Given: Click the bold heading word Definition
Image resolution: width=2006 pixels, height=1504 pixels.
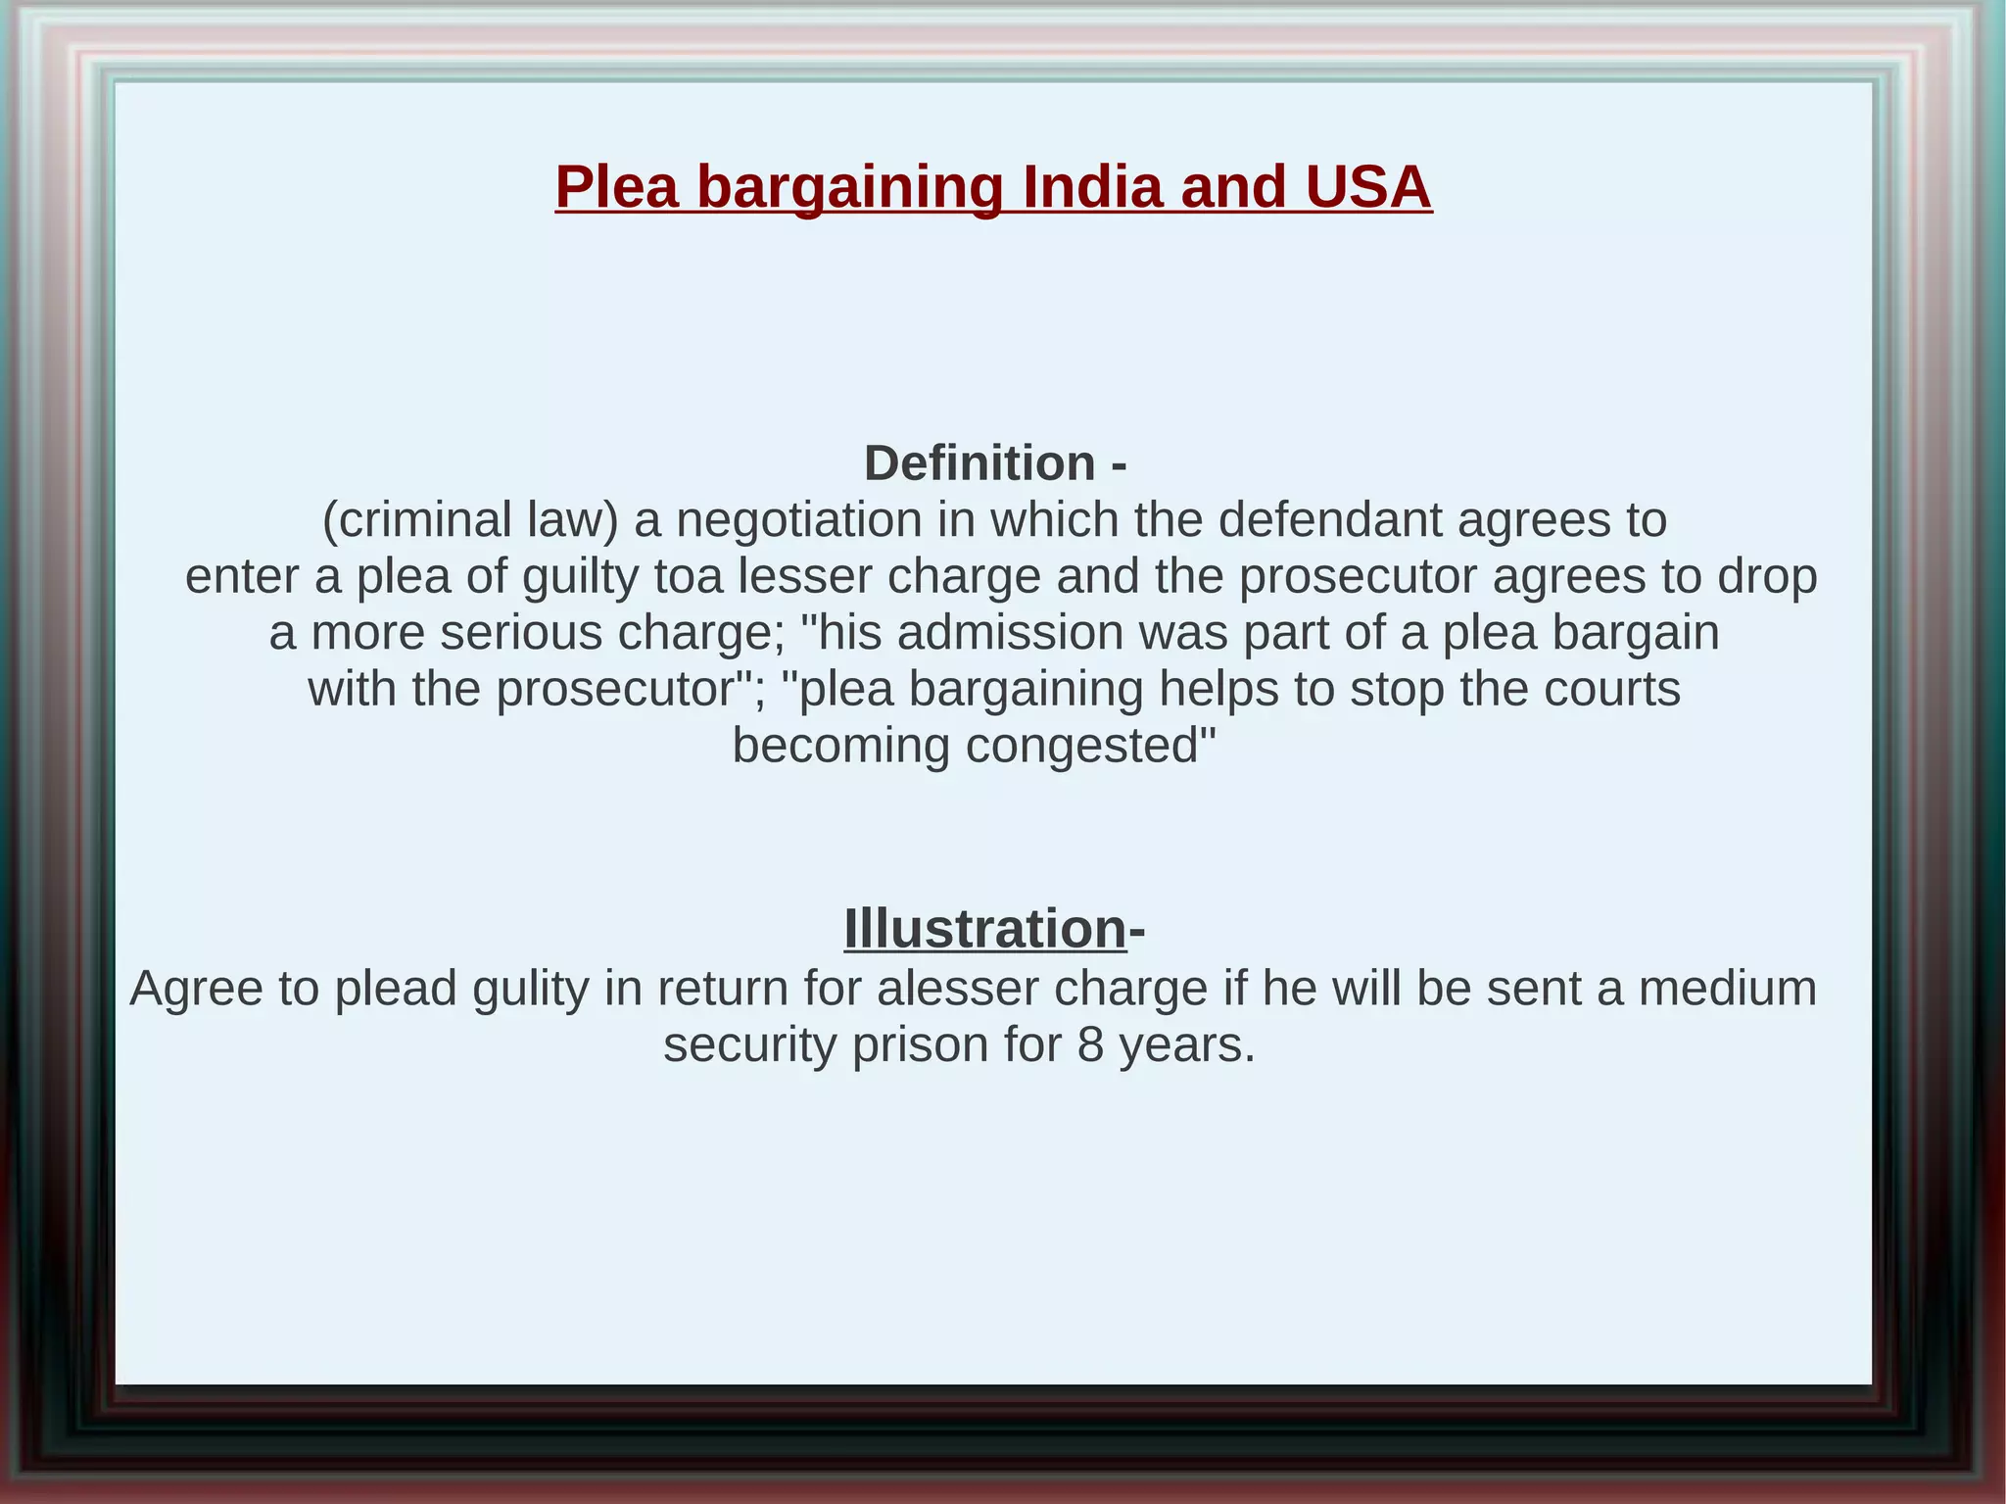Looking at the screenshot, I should pyautogui.click(x=979, y=462).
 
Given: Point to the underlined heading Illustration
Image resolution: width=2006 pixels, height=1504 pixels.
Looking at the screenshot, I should pyautogui.click(x=984, y=928).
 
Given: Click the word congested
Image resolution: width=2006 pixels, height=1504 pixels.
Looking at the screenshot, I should pyautogui.click(x=1090, y=746).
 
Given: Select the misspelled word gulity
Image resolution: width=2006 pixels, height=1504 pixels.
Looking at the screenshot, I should pyautogui.click(x=530, y=988).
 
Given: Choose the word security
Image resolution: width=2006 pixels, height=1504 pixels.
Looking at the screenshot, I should pyautogui.click(x=749, y=1044).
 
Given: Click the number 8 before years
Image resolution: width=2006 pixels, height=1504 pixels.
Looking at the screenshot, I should pyautogui.click(x=1090, y=1044).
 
